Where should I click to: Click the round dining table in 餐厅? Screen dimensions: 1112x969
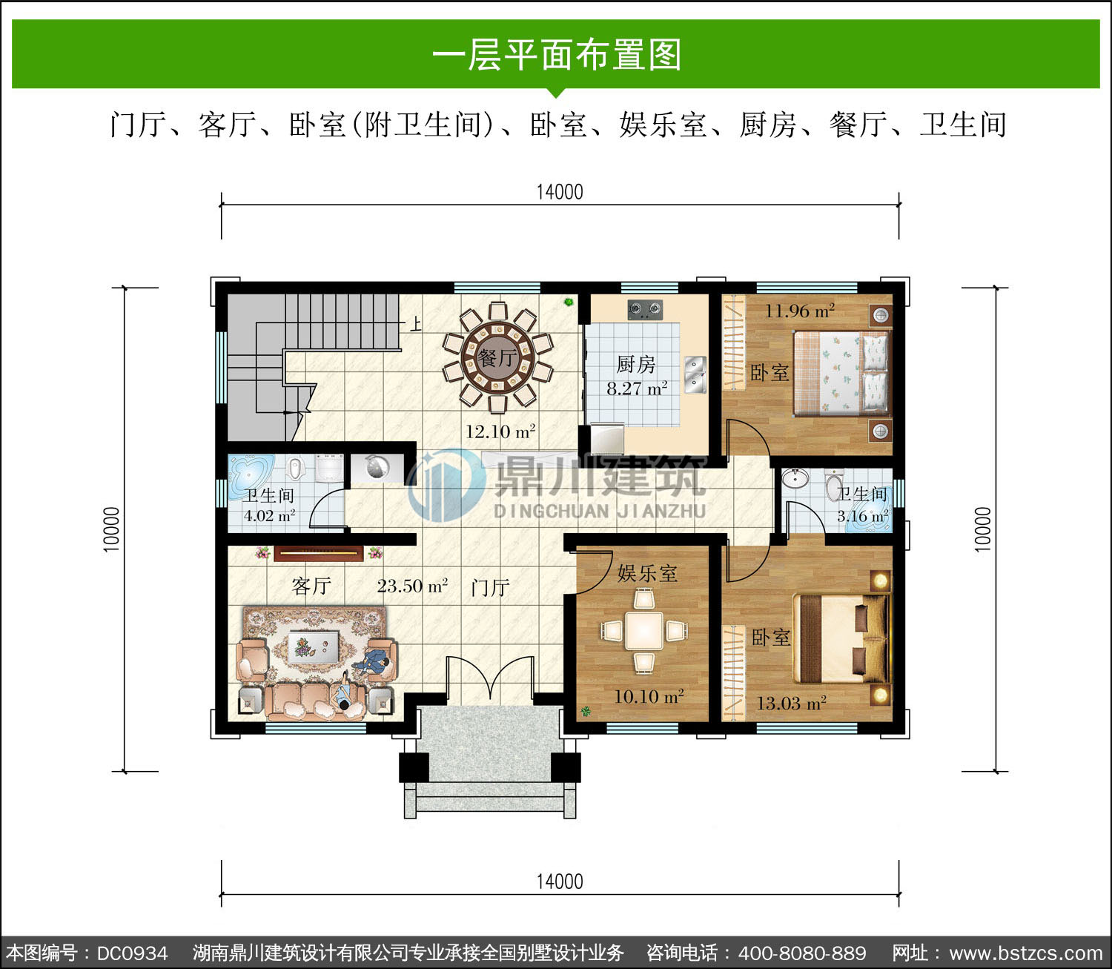(x=497, y=357)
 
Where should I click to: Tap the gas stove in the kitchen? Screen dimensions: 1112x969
(x=645, y=310)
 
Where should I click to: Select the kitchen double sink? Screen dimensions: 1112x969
(x=695, y=374)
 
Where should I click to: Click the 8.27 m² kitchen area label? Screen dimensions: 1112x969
(x=637, y=388)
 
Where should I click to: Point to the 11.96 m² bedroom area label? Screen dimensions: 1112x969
(x=799, y=311)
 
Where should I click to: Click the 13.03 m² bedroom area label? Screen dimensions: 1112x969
(x=791, y=703)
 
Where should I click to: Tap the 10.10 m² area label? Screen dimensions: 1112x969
(x=649, y=696)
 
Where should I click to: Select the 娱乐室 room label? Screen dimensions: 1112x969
(x=647, y=574)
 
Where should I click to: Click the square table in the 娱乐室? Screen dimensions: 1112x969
(x=644, y=631)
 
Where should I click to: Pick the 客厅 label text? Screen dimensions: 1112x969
(x=311, y=586)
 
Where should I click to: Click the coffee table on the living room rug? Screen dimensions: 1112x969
(x=313, y=646)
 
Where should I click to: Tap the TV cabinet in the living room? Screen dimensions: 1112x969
(x=319, y=553)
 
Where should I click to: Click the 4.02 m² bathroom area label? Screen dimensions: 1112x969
(x=270, y=515)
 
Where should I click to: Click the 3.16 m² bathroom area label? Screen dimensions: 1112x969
(x=862, y=516)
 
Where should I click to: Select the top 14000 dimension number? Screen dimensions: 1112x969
(x=560, y=192)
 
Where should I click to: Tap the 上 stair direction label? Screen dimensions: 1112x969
(x=416, y=325)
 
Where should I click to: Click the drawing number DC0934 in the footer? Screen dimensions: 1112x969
(x=132, y=953)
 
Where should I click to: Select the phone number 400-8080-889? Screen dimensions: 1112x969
(x=801, y=953)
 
